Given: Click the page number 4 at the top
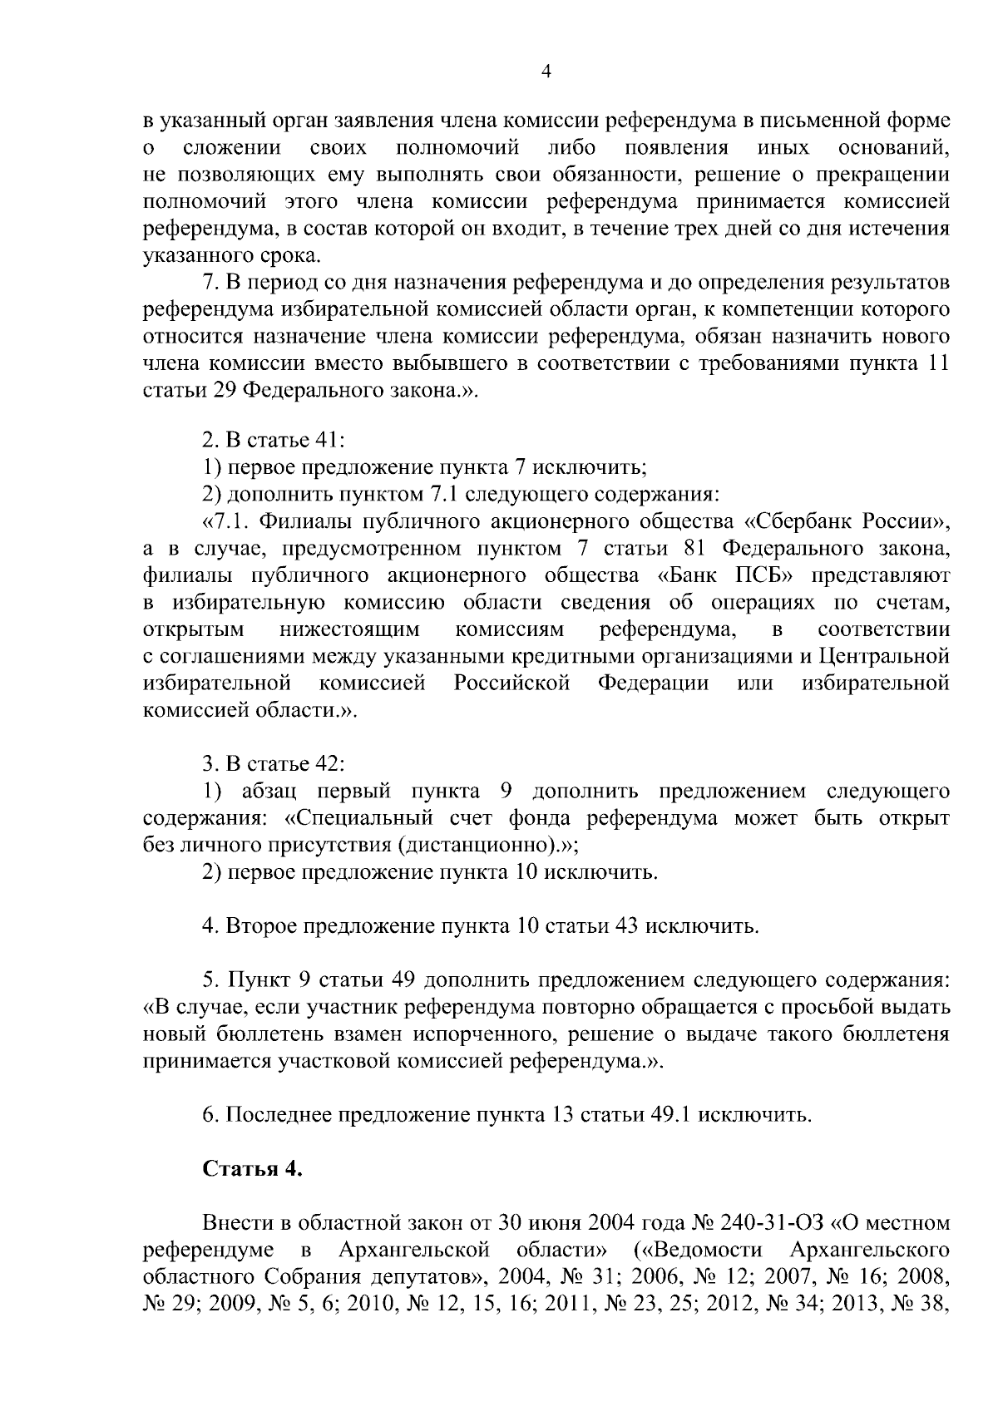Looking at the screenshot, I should coord(546,72).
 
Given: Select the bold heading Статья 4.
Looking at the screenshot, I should coord(252,1168).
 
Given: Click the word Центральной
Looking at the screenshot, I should coord(884,656).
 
